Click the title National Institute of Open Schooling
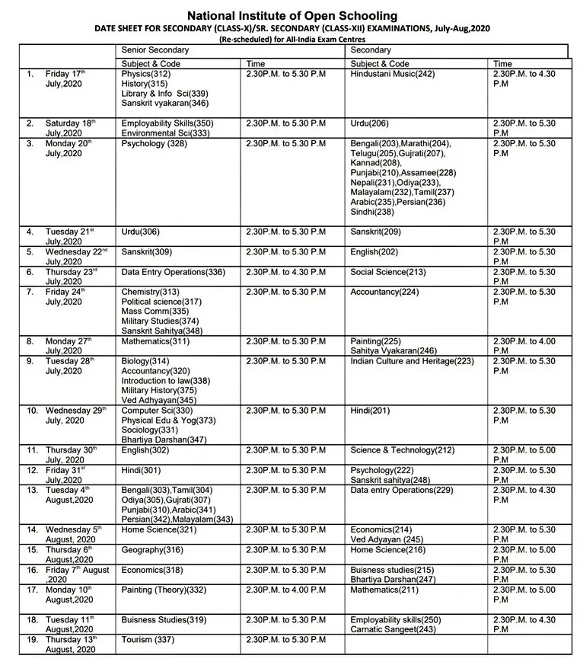pyautogui.click(x=292, y=15)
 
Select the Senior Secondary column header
pyautogui.click(x=155, y=50)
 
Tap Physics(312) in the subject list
pyautogui.click(x=146, y=74)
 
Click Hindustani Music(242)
pyautogui.click(x=393, y=74)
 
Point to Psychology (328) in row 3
pyautogui.click(x=154, y=143)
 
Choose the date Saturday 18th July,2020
pyautogui.click(x=70, y=127)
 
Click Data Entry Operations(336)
pyautogui.click(x=174, y=272)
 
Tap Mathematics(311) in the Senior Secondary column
pyautogui.click(x=156, y=341)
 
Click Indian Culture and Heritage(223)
pyautogui.click(x=412, y=361)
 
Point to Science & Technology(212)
pyautogui.click(x=402, y=450)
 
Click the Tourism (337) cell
pyautogui.click(x=148, y=639)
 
